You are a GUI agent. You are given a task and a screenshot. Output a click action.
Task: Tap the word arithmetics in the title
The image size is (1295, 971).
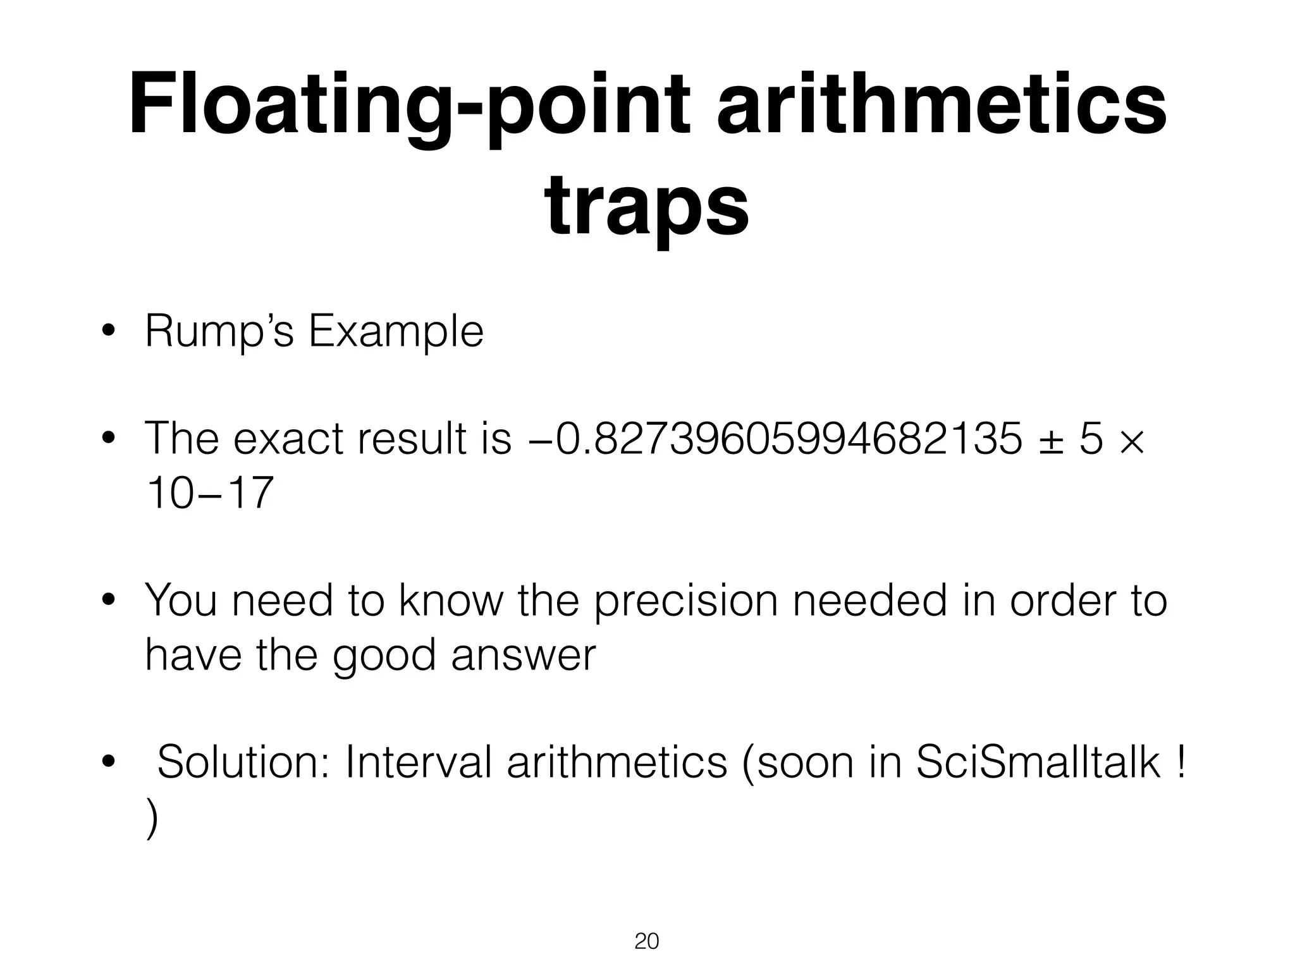pos(942,104)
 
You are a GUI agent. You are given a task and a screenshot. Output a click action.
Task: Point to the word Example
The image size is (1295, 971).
pos(396,331)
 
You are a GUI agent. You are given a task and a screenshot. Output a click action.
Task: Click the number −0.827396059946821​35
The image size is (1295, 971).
pos(775,438)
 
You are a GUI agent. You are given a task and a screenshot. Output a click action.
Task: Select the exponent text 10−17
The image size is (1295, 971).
pos(209,492)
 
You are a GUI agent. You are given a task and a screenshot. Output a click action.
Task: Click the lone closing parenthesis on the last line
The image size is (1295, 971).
pos(151,818)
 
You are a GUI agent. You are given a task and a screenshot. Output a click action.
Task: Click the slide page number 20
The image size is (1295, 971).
pos(646,941)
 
